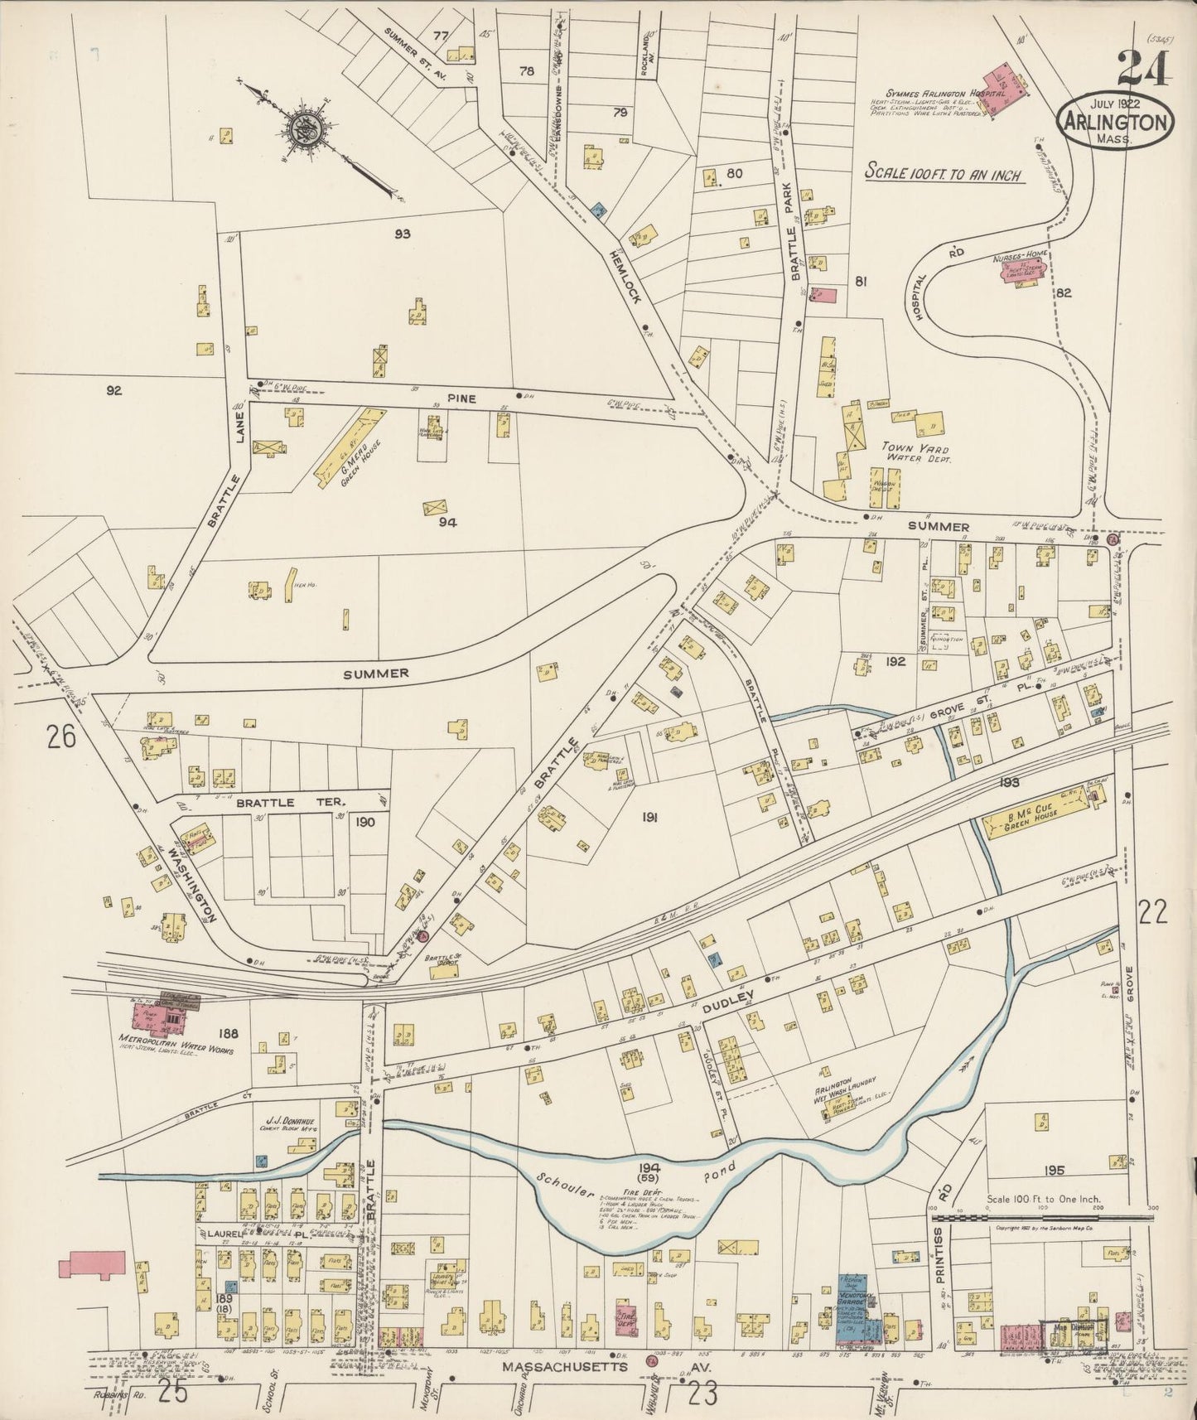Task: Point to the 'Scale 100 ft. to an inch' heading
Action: click(x=942, y=174)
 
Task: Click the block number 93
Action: click(x=403, y=234)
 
